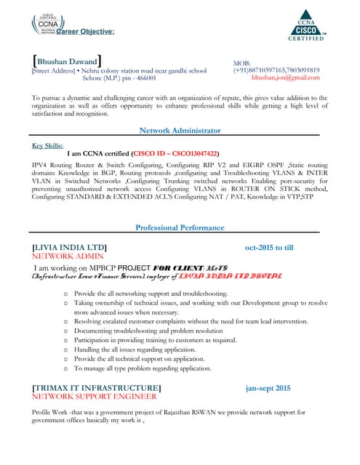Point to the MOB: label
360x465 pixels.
pos(241,64)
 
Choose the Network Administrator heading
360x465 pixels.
pos(180,131)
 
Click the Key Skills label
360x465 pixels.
pos(48,145)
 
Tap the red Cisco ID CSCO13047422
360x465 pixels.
pos(175,154)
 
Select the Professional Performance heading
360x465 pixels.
pos(180,228)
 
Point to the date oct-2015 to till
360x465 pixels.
pos(268,248)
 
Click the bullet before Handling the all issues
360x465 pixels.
pos(67,349)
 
